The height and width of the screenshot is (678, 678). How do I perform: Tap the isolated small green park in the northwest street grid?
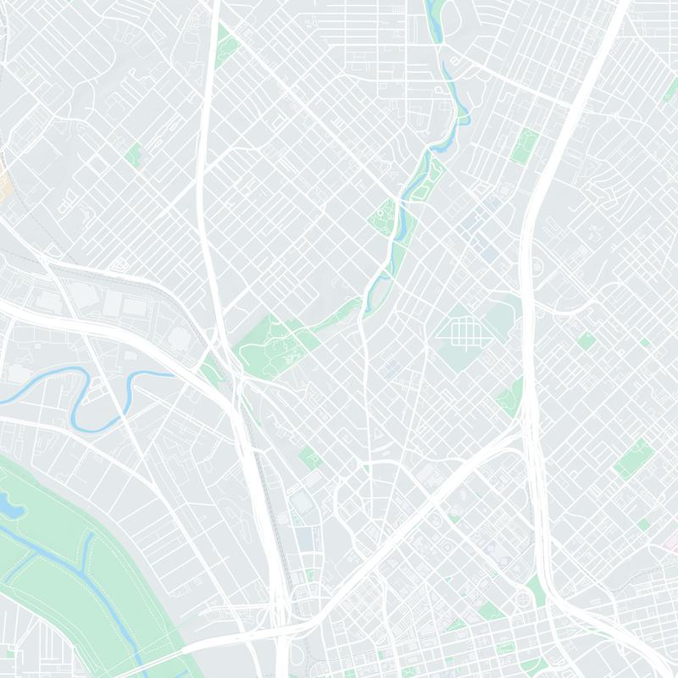click(x=133, y=154)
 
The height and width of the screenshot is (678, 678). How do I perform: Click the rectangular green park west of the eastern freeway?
click(x=525, y=144)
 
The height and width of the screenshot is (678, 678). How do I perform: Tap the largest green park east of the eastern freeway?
click(x=631, y=458)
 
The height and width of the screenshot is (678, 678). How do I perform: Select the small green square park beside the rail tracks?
click(x=308, y=458)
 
